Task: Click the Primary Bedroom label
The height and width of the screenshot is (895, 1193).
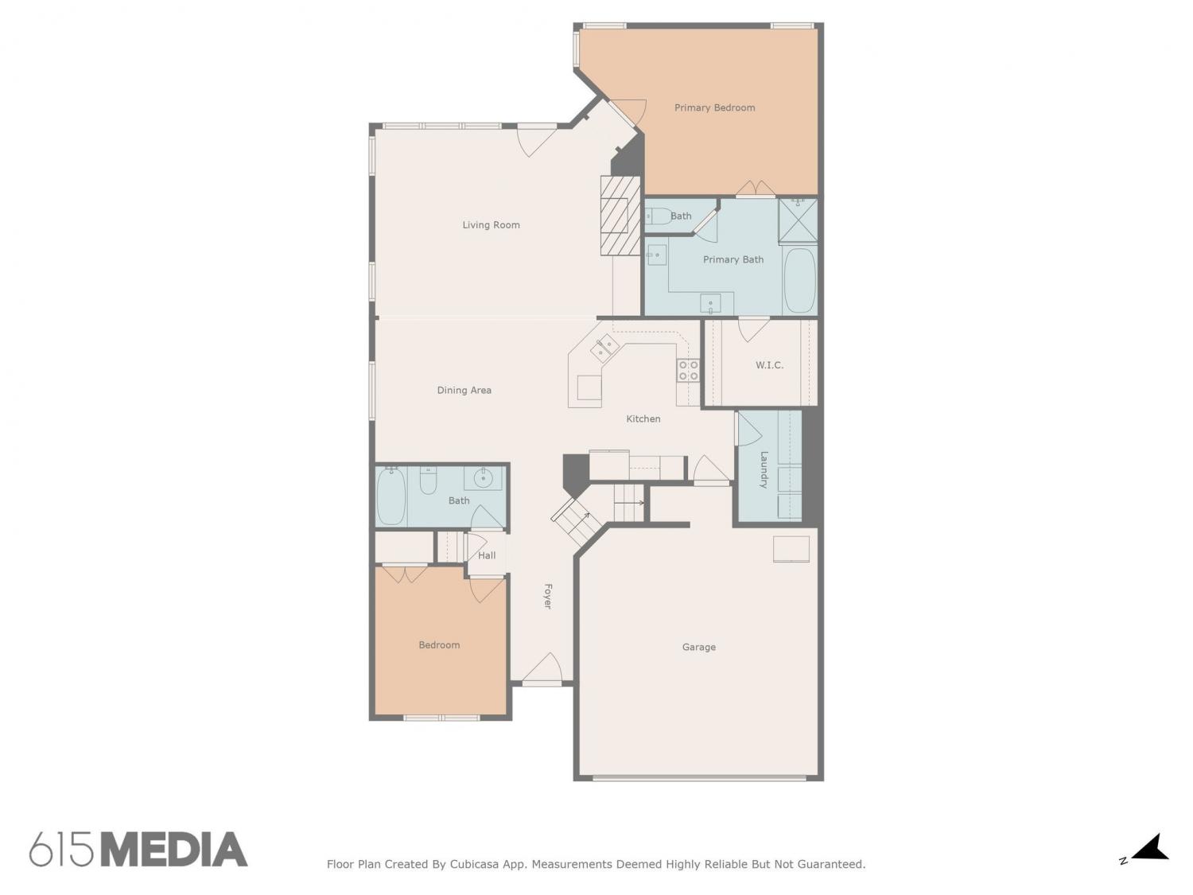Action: point(714,107)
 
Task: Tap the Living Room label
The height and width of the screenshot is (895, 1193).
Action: point(491,225)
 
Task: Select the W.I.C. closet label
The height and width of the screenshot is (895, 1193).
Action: point(769,365)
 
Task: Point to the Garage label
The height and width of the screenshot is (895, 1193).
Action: point(698,648)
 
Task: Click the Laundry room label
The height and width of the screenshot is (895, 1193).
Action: point(764,469)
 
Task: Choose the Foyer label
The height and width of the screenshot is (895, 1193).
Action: point(548,596)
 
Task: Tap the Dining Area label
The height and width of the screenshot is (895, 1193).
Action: point(464,390)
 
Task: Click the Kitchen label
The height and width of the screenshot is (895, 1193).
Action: point(643,419)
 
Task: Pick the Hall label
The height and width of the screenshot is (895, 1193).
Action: point(487,555)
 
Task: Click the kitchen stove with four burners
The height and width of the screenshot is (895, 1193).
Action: point(687,371)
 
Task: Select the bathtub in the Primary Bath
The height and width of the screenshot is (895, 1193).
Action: point(799,280)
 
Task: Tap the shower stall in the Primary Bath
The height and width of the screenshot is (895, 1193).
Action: point(798,220)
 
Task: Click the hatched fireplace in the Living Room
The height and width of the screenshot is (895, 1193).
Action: point(620,215)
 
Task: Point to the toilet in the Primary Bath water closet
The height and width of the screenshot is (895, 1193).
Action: point(659,216)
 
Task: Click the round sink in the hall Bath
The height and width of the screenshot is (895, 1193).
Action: point(483,479)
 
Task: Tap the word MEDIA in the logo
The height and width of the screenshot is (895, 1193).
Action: point(174,850)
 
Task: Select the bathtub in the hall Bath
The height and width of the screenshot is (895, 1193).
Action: point(391,496)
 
